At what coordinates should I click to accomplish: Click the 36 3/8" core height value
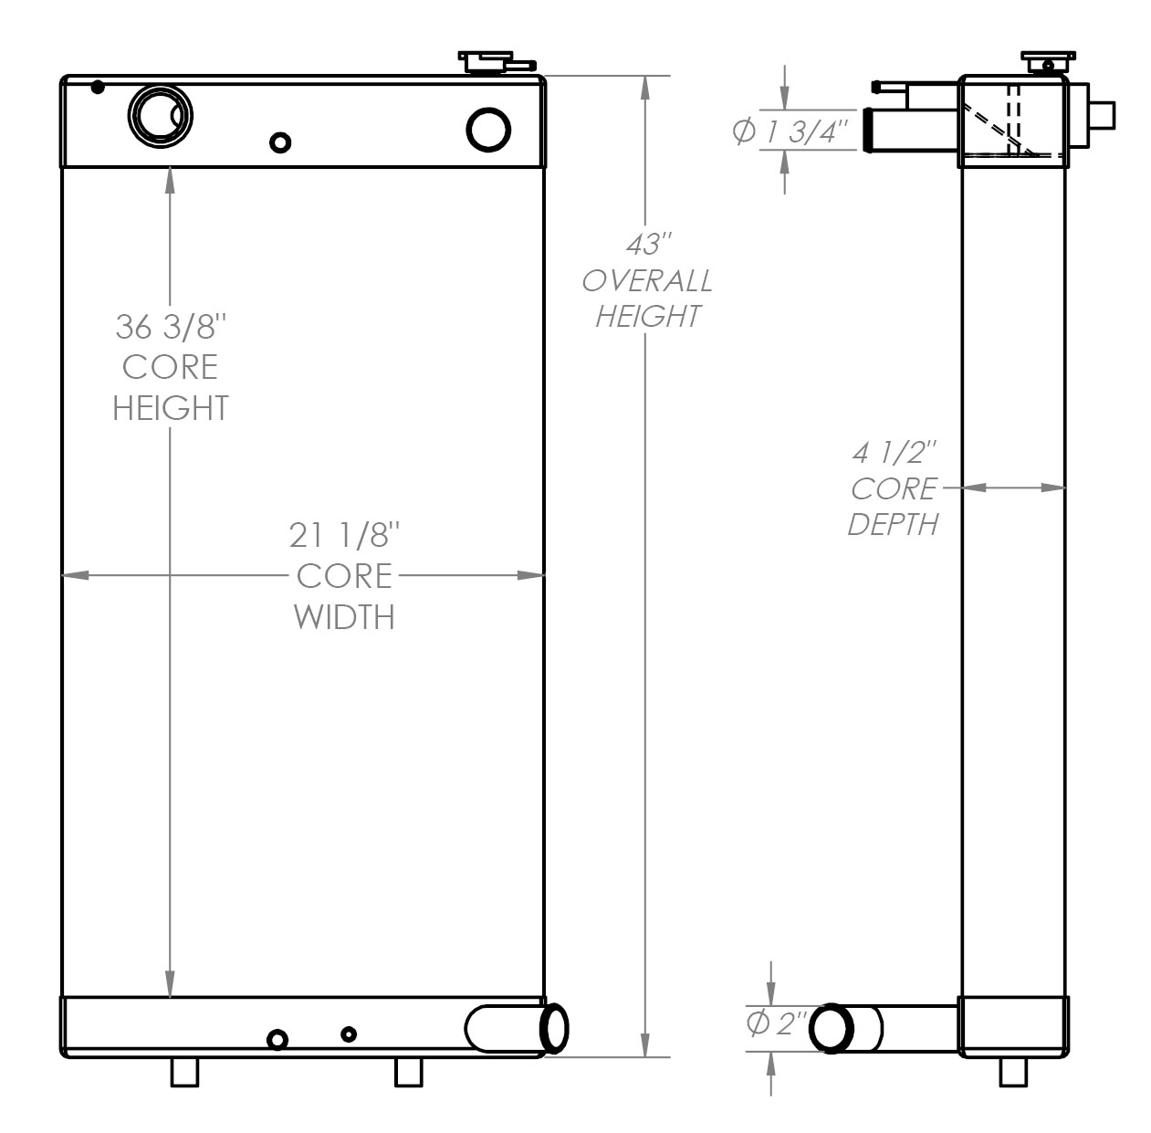(x=170, y=326)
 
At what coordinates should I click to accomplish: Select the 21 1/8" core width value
(x=345, y=535)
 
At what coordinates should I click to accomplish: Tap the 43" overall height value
(x=647, y=245)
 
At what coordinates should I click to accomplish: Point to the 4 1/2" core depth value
(x=895, y=452)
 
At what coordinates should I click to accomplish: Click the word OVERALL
(x=647, y=280)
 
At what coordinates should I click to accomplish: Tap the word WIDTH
(x=344, y=617)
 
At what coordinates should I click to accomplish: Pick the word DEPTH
(x=893, y=524)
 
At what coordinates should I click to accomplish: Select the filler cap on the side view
(x=1044, y=63)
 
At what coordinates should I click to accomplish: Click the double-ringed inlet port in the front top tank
(x=162, y=115)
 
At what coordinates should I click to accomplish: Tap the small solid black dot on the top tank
(x=98, y=88)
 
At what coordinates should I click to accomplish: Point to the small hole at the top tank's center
(x=281, y=142)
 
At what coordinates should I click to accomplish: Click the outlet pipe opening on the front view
(x=554, y=1027)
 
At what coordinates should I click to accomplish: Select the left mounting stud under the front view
(x=185, y=1073)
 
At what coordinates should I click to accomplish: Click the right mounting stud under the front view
(x=408, y=1073)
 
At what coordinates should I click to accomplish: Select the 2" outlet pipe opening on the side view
(x=832, y=1027)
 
